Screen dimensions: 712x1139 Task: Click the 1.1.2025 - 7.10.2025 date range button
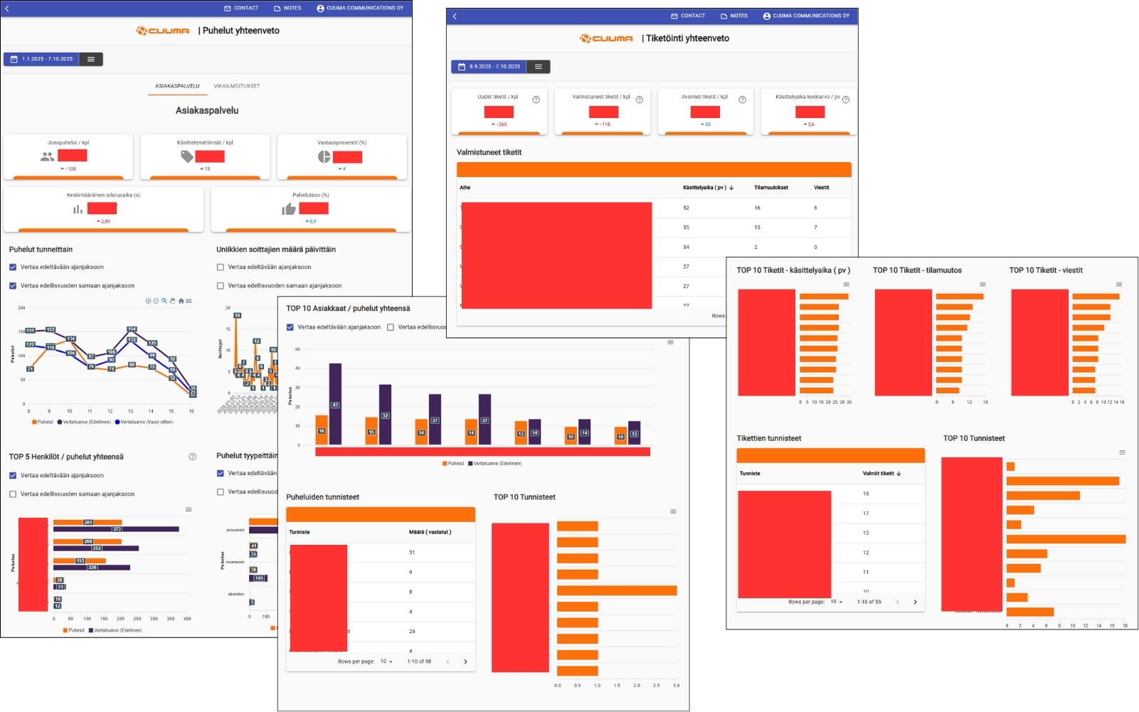42,59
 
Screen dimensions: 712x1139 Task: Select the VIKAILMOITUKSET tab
237,86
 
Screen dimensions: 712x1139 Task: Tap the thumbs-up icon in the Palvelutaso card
288,208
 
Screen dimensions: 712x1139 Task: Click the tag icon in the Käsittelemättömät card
186,156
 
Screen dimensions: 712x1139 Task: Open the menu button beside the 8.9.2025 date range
539,67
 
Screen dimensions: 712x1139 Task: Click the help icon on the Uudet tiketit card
536,100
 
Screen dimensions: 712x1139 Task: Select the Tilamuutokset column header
770,188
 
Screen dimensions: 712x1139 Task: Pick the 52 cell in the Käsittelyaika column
686,208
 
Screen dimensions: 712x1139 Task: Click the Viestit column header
821,188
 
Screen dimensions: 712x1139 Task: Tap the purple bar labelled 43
335,403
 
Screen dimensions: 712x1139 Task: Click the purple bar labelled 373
116,529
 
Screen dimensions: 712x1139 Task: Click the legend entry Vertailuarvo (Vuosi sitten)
144,422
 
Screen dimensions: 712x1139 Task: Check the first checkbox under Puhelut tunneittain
13,267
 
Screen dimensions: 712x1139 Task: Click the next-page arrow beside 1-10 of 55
915,602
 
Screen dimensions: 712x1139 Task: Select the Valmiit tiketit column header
881,473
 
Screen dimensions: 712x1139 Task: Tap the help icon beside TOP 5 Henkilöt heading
192,457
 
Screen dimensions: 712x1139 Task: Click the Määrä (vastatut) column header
430,532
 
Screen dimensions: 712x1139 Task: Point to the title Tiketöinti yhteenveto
687,38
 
